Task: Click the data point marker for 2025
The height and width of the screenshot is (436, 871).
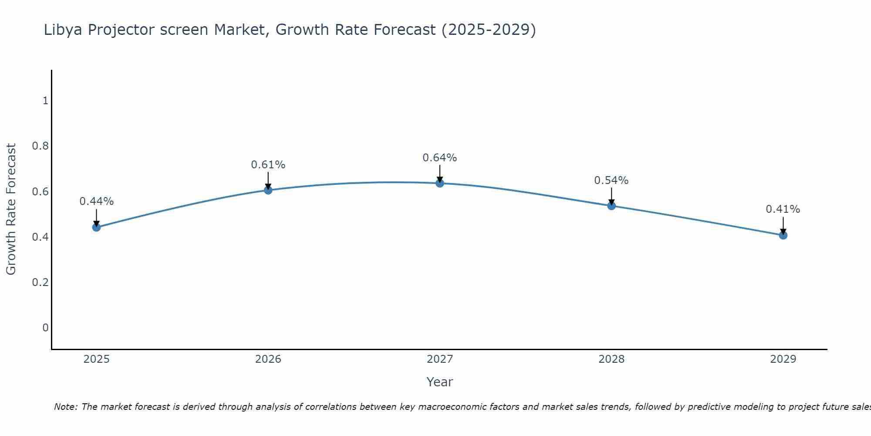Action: (97, 227)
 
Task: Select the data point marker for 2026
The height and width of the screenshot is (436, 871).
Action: (268, 190)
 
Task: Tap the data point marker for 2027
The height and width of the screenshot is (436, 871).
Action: (440, 183)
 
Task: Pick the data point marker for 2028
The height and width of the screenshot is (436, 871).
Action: (611, 206)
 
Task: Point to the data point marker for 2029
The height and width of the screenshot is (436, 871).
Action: (783, 235)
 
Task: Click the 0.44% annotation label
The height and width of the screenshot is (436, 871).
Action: (97, 201)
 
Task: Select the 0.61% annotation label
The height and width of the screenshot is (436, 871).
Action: (268, 165)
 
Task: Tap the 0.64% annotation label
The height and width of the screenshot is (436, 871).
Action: (440, 158)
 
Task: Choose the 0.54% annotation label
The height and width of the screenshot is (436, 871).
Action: (611, 181)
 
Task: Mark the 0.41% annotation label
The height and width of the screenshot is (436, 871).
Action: (783, 209)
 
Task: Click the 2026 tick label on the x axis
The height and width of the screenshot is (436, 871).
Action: (268, 359)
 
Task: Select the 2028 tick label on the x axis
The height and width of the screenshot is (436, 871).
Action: (611, 359)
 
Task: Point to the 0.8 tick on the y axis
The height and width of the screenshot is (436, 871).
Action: (40, 146)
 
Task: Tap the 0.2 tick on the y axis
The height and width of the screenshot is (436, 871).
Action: (40, 283)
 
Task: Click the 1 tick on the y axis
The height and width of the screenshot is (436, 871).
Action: (45, 101)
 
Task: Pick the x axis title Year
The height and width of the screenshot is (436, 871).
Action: (440, 382)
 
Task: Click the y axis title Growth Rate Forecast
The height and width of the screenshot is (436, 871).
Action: (11, 209)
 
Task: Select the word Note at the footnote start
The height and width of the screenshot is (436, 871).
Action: (65, 407)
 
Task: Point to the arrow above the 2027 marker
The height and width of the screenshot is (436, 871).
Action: (440, 174)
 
